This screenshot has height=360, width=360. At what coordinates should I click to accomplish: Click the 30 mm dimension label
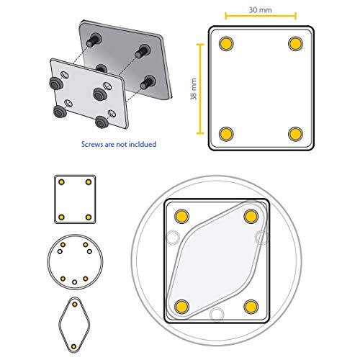[x=261, y=10]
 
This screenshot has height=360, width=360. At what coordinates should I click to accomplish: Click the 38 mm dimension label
[x=194, y=89]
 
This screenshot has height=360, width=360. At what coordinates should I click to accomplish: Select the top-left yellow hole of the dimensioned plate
[x=226, y=43]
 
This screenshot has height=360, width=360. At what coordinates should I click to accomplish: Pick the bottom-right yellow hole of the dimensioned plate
[x=295, y=134]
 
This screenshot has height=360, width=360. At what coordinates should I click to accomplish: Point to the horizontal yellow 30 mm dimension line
[x=261, y=16]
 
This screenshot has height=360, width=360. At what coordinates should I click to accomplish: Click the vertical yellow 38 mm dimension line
[x=200, y=89]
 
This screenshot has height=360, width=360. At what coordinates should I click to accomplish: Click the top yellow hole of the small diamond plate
[x=75, y=305]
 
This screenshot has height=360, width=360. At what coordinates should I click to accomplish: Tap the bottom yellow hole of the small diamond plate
[x=74, y=346]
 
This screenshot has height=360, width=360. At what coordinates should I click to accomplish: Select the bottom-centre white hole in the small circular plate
[x=75, y=282]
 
